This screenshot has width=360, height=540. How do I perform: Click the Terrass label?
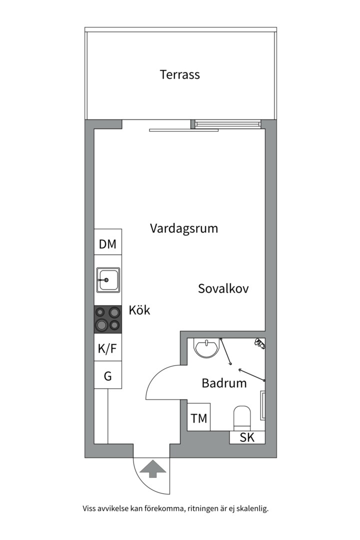(179, 74)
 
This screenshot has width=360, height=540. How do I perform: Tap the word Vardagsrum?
(184, 228)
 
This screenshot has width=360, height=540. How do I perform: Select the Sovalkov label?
(223, 288)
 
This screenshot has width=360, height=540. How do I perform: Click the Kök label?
(139, 310)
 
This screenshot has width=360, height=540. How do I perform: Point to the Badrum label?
(224, 383)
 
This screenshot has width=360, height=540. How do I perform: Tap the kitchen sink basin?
(108, 280)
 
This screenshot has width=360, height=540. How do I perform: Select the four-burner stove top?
(108, 319)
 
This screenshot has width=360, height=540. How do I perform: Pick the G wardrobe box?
(108, 375)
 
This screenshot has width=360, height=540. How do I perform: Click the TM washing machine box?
(199, 416)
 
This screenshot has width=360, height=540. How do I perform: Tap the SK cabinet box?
(247, 437)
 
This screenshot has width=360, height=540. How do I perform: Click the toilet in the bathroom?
(242, 417)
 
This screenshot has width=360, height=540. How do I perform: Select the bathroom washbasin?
(206, 348)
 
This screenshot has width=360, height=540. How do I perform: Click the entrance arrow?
(153, 469)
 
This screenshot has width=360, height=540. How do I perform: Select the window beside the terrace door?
(226, 123)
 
